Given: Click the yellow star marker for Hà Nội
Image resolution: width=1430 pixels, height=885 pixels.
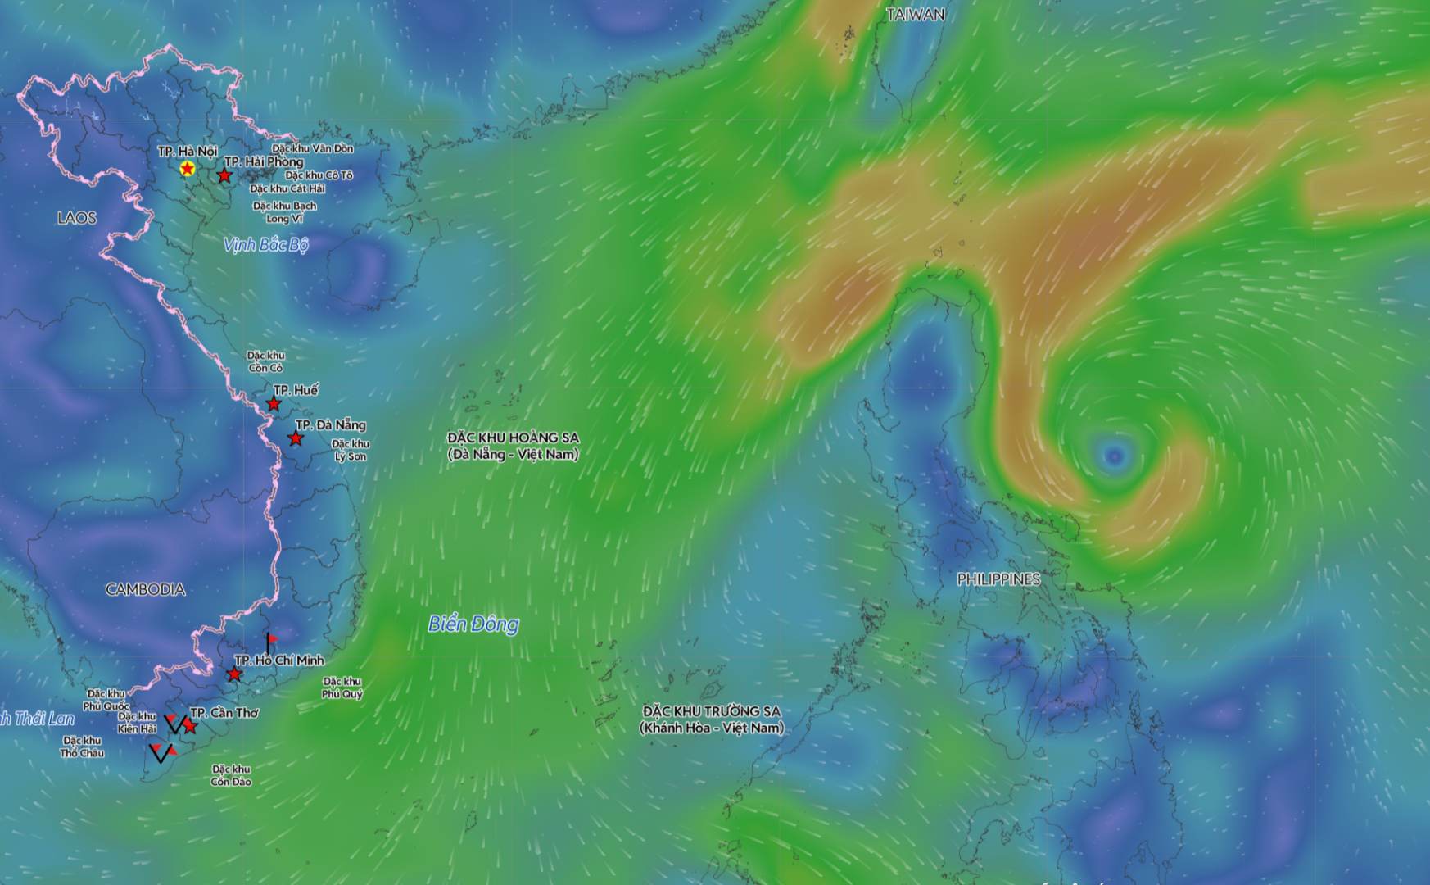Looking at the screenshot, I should tap(188, 169).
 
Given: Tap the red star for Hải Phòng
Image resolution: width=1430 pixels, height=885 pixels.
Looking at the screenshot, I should tap(224, 175).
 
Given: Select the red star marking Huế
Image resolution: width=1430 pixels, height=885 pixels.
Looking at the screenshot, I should tap(274, 404).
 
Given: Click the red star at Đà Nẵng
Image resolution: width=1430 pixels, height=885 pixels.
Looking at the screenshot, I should tap(296, 439).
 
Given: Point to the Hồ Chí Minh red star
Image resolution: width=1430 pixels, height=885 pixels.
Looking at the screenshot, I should tap(234, 674).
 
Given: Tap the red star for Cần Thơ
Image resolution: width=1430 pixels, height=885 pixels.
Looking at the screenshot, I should tap(190, 726).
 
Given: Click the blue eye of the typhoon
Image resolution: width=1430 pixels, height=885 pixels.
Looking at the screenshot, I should tap(1114, 456).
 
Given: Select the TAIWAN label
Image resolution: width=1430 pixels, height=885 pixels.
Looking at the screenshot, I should tap(916, 15).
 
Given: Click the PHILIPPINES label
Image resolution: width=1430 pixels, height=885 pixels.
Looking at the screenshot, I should tap(998, 579).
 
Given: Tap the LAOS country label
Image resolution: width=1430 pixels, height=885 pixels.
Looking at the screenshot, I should tap(77, 218).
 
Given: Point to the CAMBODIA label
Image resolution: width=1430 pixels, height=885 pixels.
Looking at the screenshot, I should tap(145, 589).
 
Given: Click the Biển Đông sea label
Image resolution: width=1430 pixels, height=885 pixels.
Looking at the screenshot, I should tap(473, 624).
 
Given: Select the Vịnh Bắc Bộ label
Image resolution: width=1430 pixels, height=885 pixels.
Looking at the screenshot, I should tap(265, 245).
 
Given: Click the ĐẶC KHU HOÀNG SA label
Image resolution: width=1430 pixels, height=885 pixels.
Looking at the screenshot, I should tap(514, 446).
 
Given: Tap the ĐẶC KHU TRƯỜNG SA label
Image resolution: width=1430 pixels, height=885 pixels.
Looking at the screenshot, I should tap(712, 719).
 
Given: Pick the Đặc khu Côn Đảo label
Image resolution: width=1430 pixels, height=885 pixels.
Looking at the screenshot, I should tap(231, 775).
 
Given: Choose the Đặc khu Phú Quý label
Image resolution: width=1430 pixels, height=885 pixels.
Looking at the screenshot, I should tap(342, 688).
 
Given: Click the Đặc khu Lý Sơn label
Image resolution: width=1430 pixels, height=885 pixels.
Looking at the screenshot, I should tap(351, 450).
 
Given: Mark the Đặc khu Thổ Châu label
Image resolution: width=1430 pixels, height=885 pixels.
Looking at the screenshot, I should tap(82, 747).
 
